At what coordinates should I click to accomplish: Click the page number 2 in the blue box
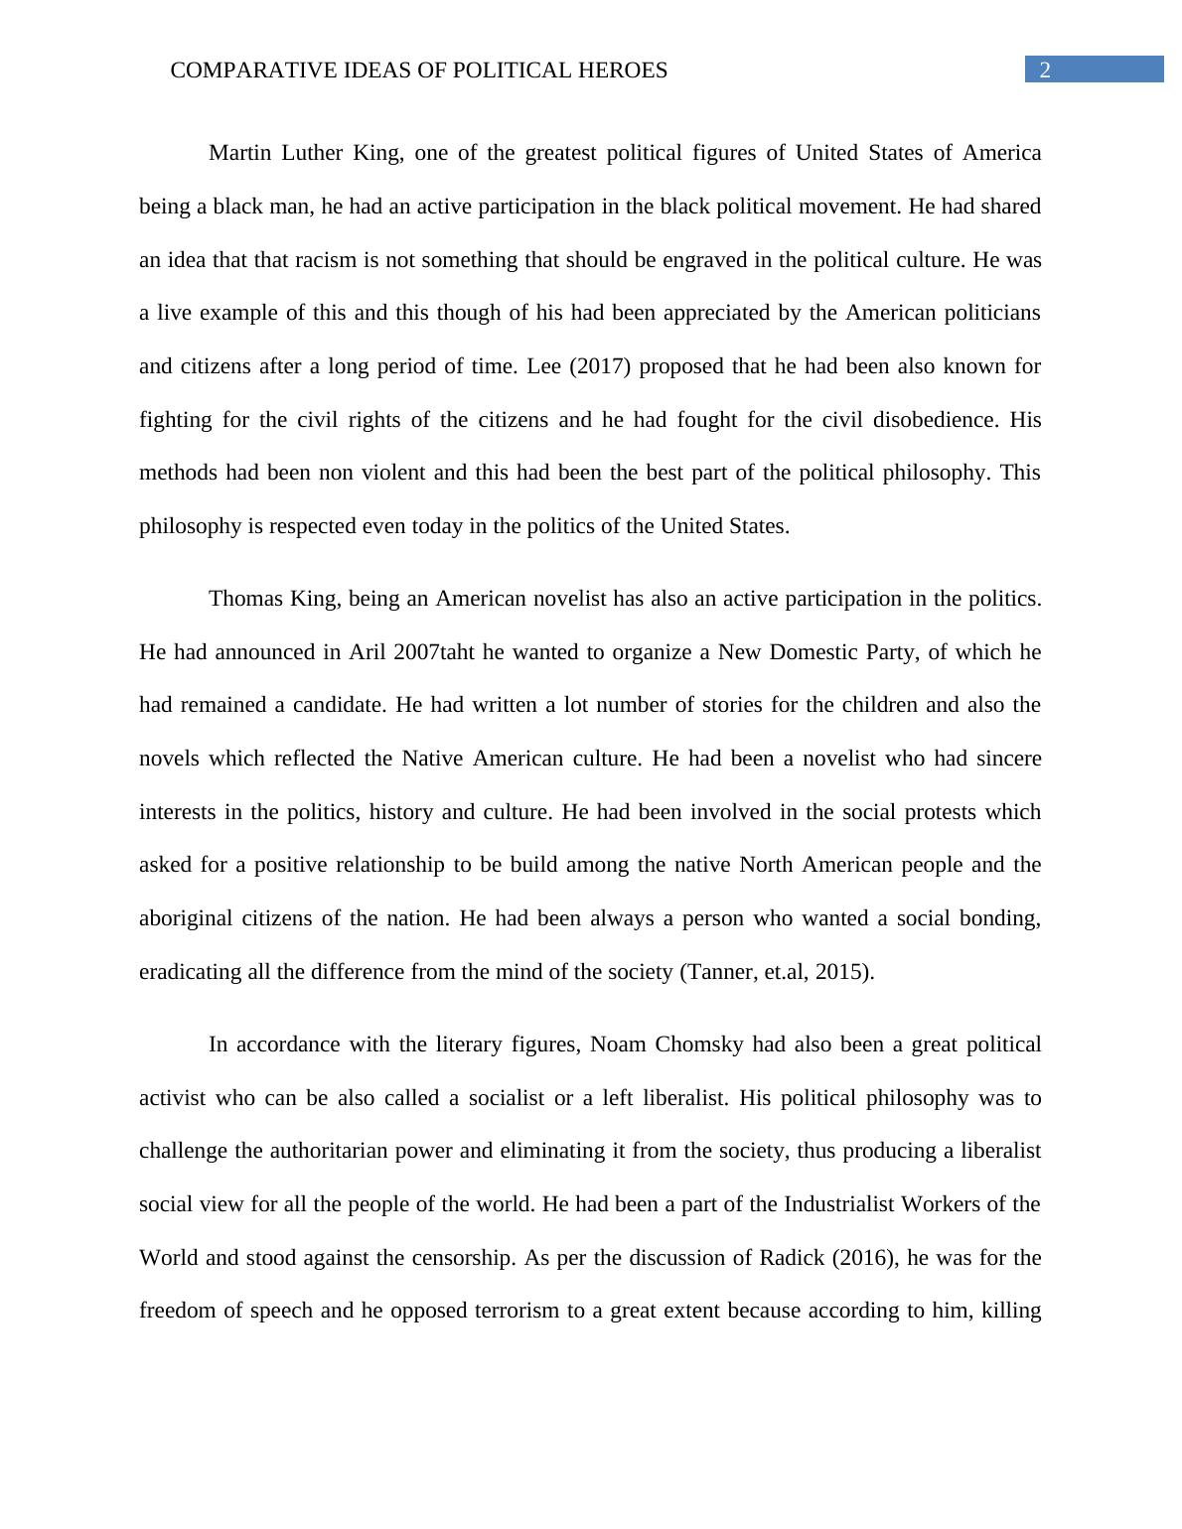(1044, 69)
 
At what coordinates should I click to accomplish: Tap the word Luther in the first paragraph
(312, 153)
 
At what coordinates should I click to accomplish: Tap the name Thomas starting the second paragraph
(245, 599)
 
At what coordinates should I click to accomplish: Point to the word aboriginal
(186, 918)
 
